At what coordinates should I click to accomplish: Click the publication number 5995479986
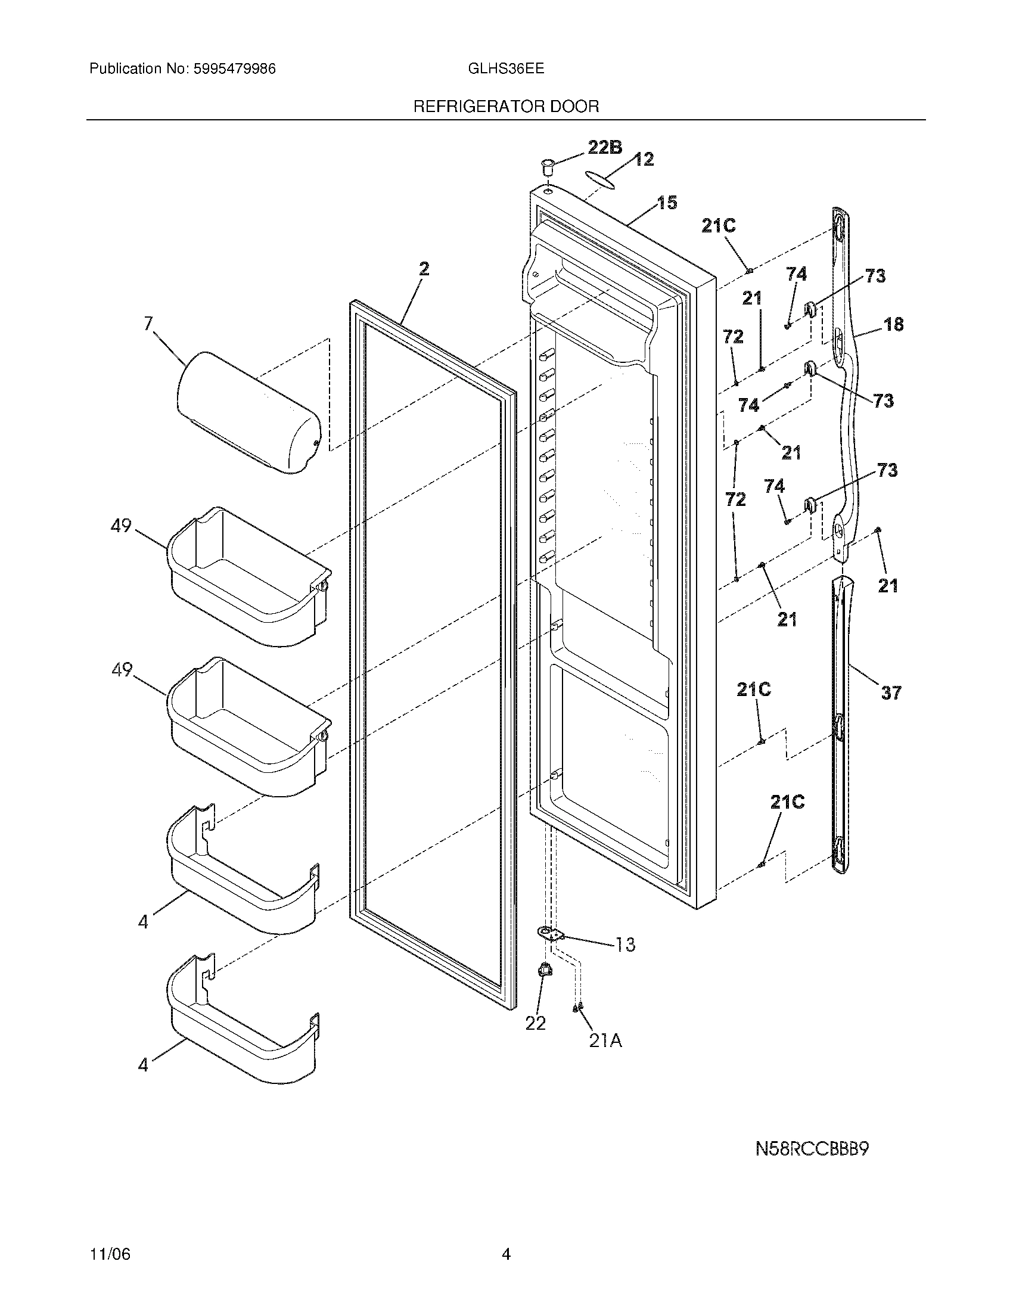(x=234, y=69)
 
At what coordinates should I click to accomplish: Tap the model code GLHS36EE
(x=505, y=69)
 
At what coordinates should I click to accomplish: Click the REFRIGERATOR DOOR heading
(x=506, y=107)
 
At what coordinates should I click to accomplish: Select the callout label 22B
(x=604, y=147)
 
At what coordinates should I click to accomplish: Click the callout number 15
(x=666, y=203)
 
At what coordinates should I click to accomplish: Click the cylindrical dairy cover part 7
(x=249, y=412)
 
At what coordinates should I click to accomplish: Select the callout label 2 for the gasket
(x=424, y=269)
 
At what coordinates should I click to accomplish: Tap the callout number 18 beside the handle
(x=893, y=325)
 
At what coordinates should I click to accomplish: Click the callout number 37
(x=891, y=693)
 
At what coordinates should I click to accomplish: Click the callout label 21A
(x=605, y=1041)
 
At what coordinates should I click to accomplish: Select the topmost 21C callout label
(x=719, y=226)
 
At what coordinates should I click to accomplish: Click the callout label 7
(x=148, y=324)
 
